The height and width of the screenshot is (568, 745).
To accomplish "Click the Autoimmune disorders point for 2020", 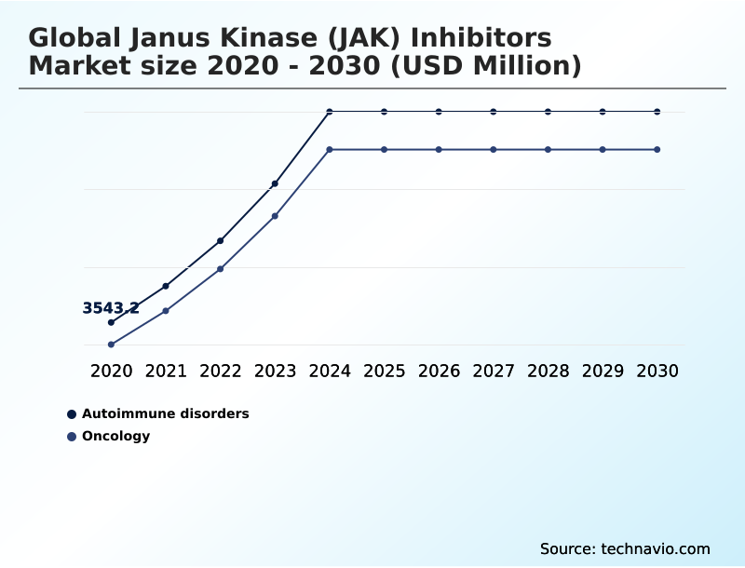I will click(111, 322).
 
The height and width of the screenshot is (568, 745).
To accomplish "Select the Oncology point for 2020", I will click(111, 345).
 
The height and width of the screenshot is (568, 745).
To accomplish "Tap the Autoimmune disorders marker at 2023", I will click(275, 183).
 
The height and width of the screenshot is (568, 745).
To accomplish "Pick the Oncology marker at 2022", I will click(221, 269).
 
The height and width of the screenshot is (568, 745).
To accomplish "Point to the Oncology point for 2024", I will click(330, 149).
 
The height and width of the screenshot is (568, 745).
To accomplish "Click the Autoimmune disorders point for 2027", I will click(494, 112).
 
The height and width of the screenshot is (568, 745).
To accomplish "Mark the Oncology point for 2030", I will click(657, 149).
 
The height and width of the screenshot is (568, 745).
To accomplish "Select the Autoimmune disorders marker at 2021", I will click(166, 286).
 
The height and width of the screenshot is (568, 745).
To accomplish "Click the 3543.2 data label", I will click(111, 308).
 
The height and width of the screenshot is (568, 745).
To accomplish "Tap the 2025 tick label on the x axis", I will click(384, 371).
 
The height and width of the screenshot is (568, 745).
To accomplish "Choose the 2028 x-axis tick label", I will click(548, 371).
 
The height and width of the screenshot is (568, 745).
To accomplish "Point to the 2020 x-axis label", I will click(111, 371).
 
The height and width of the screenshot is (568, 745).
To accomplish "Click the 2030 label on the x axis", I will click(657, 371).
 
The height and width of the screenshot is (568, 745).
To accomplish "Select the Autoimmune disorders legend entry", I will click(165, 413).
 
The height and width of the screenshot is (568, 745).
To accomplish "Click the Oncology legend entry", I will click(115, 436).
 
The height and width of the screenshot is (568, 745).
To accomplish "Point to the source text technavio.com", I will click(656, 548).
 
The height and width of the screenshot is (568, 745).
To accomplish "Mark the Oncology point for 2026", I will click(439, 149).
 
